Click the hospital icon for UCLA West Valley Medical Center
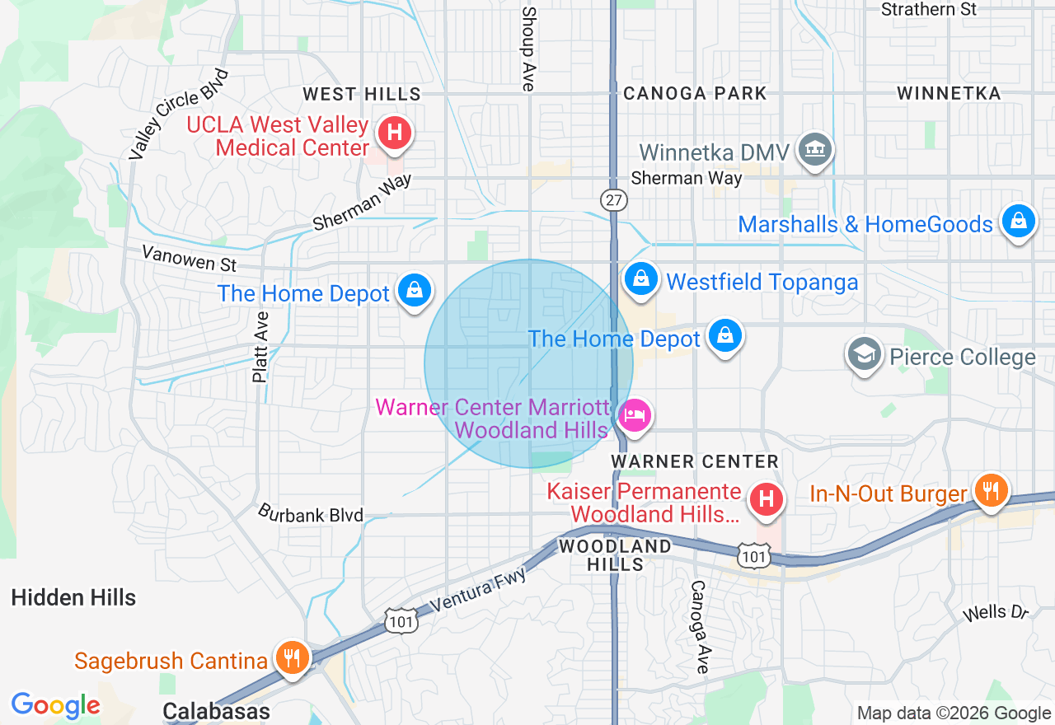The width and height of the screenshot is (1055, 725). [395, 133]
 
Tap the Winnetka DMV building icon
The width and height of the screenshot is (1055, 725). [816, 149]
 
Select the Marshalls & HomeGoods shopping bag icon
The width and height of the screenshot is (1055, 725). [1019, 222]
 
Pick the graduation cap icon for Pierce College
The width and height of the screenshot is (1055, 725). [864, 354]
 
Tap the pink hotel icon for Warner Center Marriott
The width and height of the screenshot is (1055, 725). [634, 414]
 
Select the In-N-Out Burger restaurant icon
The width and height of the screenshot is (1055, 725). [990, 489]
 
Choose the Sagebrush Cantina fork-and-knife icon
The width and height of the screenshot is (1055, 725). [290, 657]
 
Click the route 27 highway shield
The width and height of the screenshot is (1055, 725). [614, 200]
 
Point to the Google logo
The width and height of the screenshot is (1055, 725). [55, 705]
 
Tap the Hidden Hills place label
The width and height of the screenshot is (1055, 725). [73, 597]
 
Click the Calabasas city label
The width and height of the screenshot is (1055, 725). [216, 711]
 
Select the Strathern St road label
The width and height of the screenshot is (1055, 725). [929, 10]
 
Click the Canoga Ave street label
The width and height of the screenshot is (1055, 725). [699, 627]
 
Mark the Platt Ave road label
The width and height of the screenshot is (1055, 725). [260, 347]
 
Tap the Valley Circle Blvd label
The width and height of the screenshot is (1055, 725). [179, 114]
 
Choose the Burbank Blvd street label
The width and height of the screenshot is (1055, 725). [311, 514]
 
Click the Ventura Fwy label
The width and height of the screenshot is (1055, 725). [477, 588]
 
